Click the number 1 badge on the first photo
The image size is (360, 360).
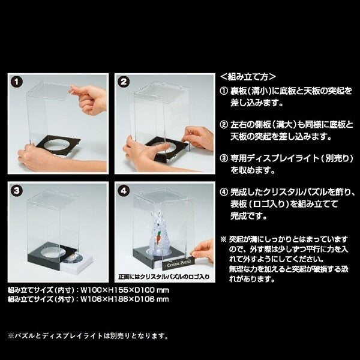pos(17,82)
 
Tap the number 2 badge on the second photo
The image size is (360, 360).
pos(124,82)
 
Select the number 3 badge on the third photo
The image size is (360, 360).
pos(17,191)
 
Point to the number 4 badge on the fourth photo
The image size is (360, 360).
pos(124,191)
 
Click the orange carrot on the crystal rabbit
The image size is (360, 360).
pos(158,237)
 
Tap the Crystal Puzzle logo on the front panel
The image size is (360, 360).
pos(179,263)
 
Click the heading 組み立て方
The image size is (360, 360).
pos(248,77)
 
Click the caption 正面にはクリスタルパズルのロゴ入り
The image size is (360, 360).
pos(164,277)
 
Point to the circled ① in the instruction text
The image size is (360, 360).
pos(224,91)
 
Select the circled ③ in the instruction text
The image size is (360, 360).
pos(224,158)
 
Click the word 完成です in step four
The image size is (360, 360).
pos(248,216)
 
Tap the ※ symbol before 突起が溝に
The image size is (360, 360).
pos(223,239)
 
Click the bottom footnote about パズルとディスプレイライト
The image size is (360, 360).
pos(88,336)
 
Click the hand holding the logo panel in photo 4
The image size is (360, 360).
pos(203,251)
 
